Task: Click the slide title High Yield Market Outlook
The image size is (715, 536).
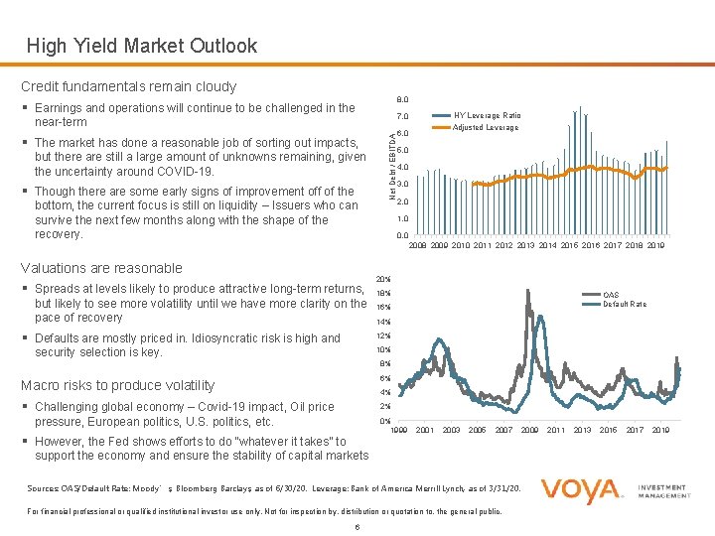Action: coord(141,46)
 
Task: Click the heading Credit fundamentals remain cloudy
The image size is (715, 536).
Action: coord(128,86)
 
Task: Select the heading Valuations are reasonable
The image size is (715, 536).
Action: coord(101,267)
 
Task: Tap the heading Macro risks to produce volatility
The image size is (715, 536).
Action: coord(117,385)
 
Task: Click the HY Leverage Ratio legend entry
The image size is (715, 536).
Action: coord(487,116)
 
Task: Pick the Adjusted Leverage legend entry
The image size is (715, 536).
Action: coord(486,127)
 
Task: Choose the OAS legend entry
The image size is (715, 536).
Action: coord(611,295)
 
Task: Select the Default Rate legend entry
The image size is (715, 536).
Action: coord(625,304)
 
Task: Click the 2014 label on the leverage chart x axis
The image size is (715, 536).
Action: coord(547,244)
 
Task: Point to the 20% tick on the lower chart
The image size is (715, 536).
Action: coord(383,279)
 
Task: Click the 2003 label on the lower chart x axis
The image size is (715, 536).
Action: coord(451,430)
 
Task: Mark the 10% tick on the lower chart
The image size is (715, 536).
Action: coord(383,350)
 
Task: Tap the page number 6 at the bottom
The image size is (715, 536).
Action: coord(356,526)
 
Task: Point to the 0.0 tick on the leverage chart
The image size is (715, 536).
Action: coord(402,235)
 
